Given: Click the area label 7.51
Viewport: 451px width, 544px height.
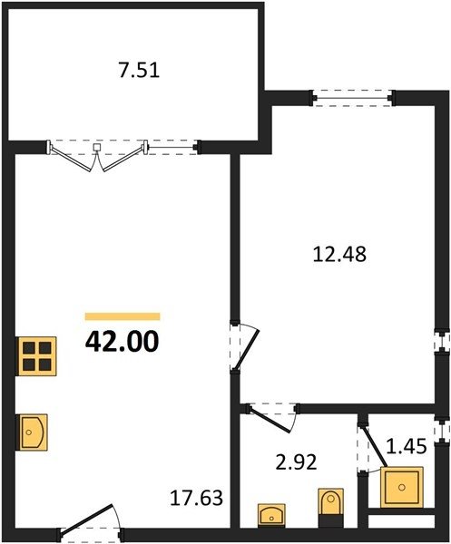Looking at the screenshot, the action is click(139, 71).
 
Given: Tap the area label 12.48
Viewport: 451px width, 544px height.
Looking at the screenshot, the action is click(339, 254).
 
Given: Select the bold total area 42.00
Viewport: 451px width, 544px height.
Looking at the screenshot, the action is click(123, 341).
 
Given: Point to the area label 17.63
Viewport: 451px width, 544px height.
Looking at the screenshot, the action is click(196, 498).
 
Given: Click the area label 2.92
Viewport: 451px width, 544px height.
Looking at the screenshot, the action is click(296, 462).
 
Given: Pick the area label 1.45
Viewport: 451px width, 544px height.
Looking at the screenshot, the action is click(407, 446).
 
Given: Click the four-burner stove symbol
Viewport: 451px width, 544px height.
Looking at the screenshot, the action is click(36, 356).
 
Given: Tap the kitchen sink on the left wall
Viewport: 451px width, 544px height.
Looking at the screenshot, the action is click(31, 432).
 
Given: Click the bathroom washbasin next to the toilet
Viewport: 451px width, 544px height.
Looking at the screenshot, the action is click(272, 516).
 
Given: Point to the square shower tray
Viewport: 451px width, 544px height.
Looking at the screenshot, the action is click(402, 488).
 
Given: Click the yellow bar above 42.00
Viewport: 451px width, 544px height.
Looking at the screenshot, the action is click(123, 316).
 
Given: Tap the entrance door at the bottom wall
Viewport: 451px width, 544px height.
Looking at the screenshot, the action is click(90, 519).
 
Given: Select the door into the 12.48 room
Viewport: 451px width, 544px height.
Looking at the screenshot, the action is click(244, 348).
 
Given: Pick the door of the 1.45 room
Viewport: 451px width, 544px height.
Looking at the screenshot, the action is click(372, 448).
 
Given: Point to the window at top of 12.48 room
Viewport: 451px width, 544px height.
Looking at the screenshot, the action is click(353, 98).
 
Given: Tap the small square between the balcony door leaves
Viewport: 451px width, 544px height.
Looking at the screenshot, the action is click(98, 147).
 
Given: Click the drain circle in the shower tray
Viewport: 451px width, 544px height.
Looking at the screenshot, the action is click(402, 488).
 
